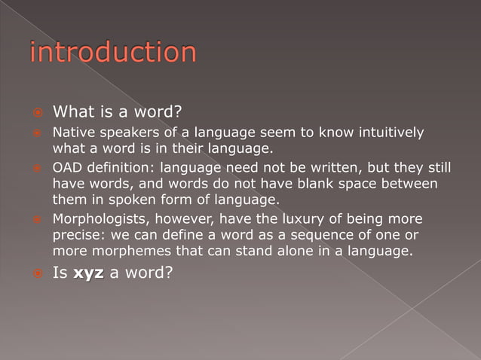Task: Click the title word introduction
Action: [x=113, y=53]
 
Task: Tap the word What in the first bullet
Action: [x=72, y=113]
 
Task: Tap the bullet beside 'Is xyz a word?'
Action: [x=35, y=273]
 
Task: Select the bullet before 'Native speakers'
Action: [x=35, y=134]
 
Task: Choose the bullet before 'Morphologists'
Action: [x=35, y=220]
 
